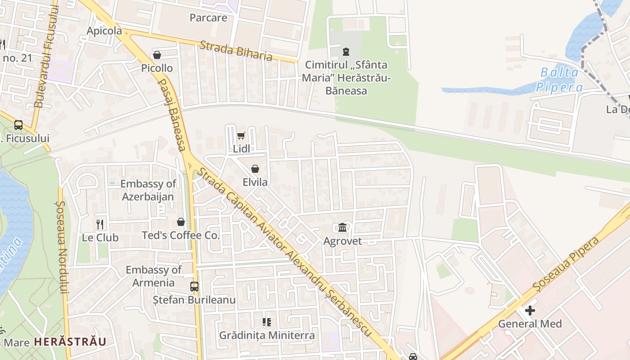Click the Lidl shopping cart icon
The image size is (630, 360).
(x=241, y=135)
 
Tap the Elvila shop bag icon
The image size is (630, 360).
(x=255, y=169)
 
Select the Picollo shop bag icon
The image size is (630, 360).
(x=157, y=55)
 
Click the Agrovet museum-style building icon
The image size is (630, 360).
(x=342, y=228)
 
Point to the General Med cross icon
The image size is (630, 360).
(x=530, y=310)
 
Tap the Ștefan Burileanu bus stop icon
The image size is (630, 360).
(x=194, y=287)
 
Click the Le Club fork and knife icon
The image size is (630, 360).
(x=100, y=224)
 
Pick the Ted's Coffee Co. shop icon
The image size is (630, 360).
(x=180, y=222)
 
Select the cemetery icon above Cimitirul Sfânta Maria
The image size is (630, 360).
(x=346, y=52)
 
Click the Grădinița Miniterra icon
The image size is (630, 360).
(x=267, y=322)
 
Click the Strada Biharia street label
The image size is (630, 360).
(x=236, y=50)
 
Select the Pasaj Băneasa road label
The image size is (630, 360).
(x=172, y=115)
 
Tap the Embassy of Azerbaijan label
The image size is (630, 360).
(x=148, y=190)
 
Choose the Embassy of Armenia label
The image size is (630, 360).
(x=153, y=276)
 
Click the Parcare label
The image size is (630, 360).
(x=208, y=18)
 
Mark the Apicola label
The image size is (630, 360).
(x=104, y=31)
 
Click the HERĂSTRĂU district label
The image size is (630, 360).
(x=70, y=342)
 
